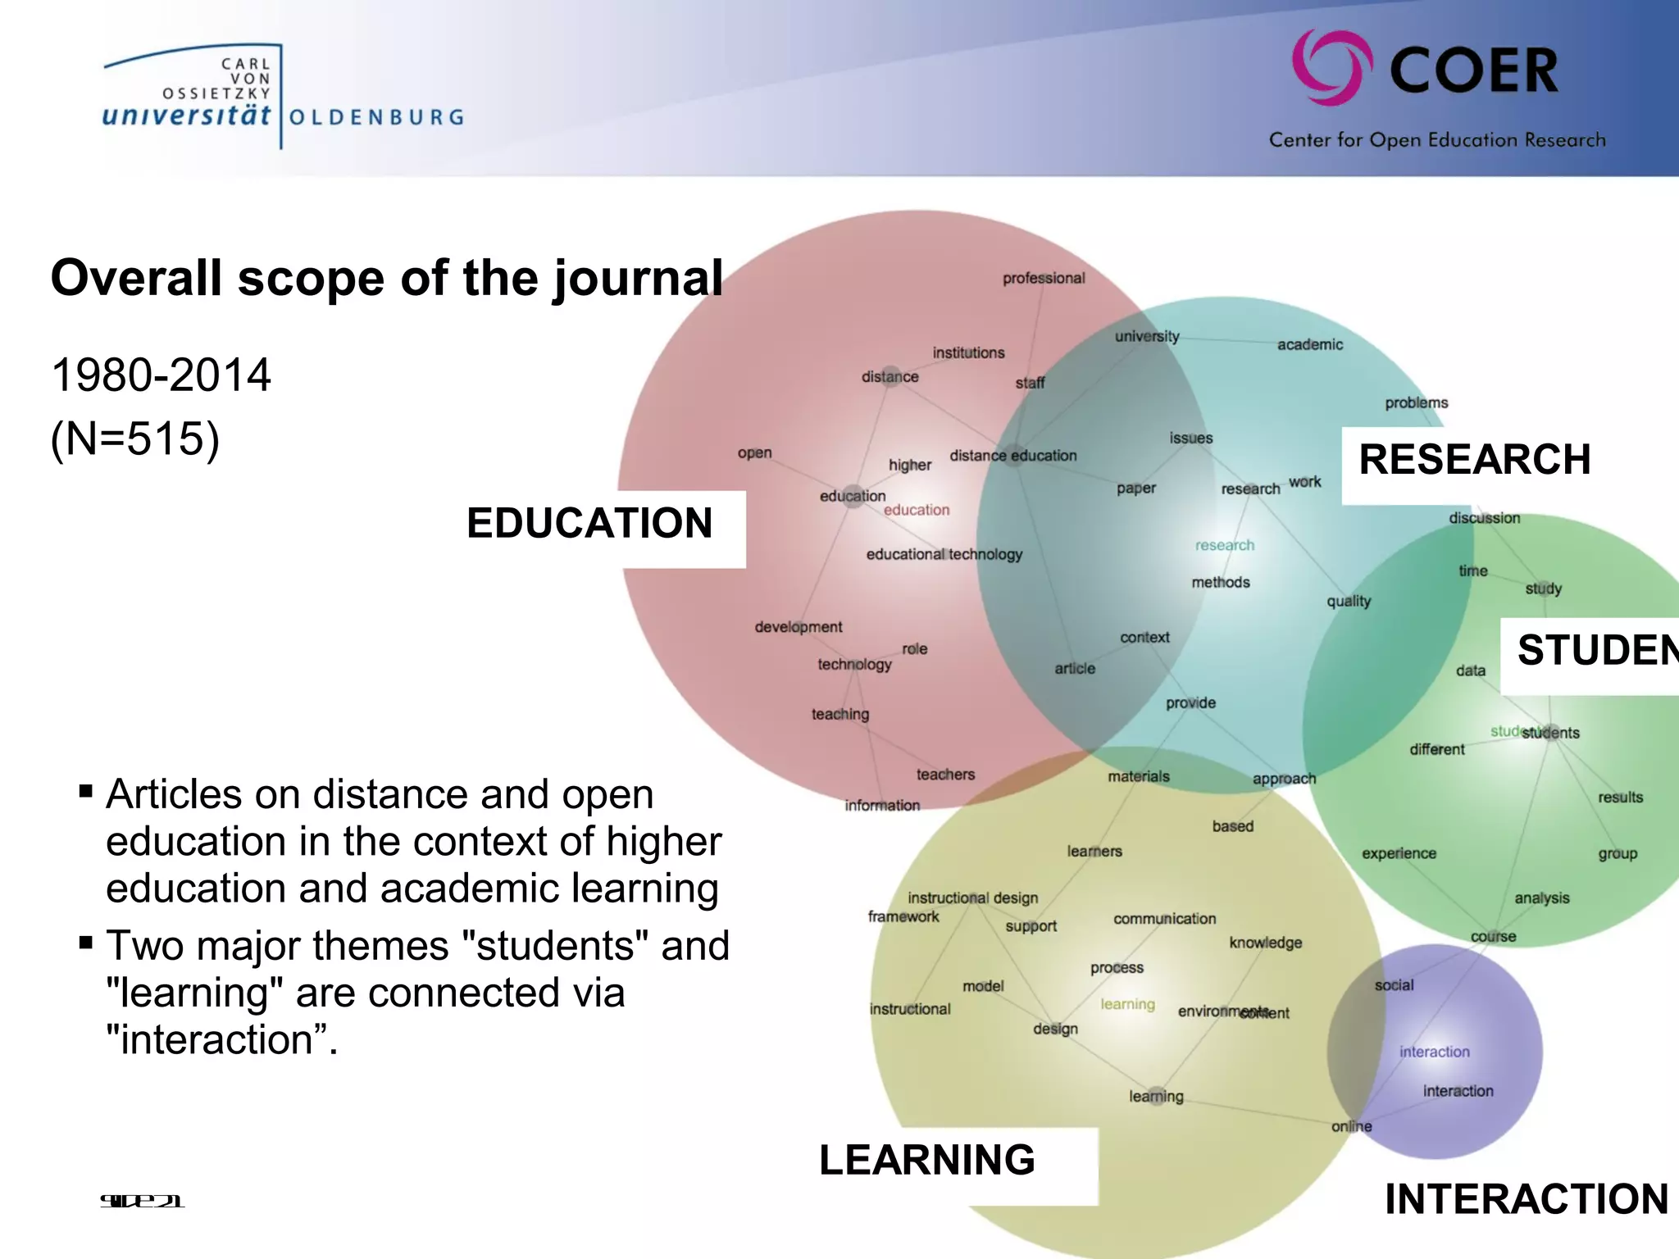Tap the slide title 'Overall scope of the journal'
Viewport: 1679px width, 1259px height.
click(x=387, y=278)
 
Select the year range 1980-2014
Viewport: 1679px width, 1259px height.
click(x=161, y=375)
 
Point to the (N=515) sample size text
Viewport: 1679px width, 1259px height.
click(x=135, y=439)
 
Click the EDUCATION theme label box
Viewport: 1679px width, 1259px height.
click(x=590, y=524)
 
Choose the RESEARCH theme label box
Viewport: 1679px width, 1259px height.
click(x=1474, y=460)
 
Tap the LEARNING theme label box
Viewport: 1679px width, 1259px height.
click(x=927, y=1161)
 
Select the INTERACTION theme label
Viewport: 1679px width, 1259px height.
click(x=1527, y=1199)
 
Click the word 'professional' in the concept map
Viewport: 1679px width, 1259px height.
click(x=1044, y=279)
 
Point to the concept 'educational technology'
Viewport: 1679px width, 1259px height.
click(x=944, y=555)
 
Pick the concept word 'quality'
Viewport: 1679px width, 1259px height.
click(x=1349, y=602)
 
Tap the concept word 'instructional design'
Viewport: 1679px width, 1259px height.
click(x=973, y=898)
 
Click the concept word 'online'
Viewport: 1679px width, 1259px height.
click(x=1351, y=1127)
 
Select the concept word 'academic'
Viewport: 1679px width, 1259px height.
click(x=1310, y=345)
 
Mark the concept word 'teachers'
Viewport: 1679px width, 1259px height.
click(x=945, y=775)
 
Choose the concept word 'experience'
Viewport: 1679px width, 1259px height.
click(x=1399, y=854)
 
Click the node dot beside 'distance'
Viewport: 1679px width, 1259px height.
click(x=891, y=375)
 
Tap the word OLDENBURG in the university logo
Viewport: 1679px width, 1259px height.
click(x=376, y=117)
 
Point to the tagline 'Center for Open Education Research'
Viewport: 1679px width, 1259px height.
click(x=1437, y=140)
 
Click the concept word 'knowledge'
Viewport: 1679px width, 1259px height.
click(x=1265, y=943)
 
